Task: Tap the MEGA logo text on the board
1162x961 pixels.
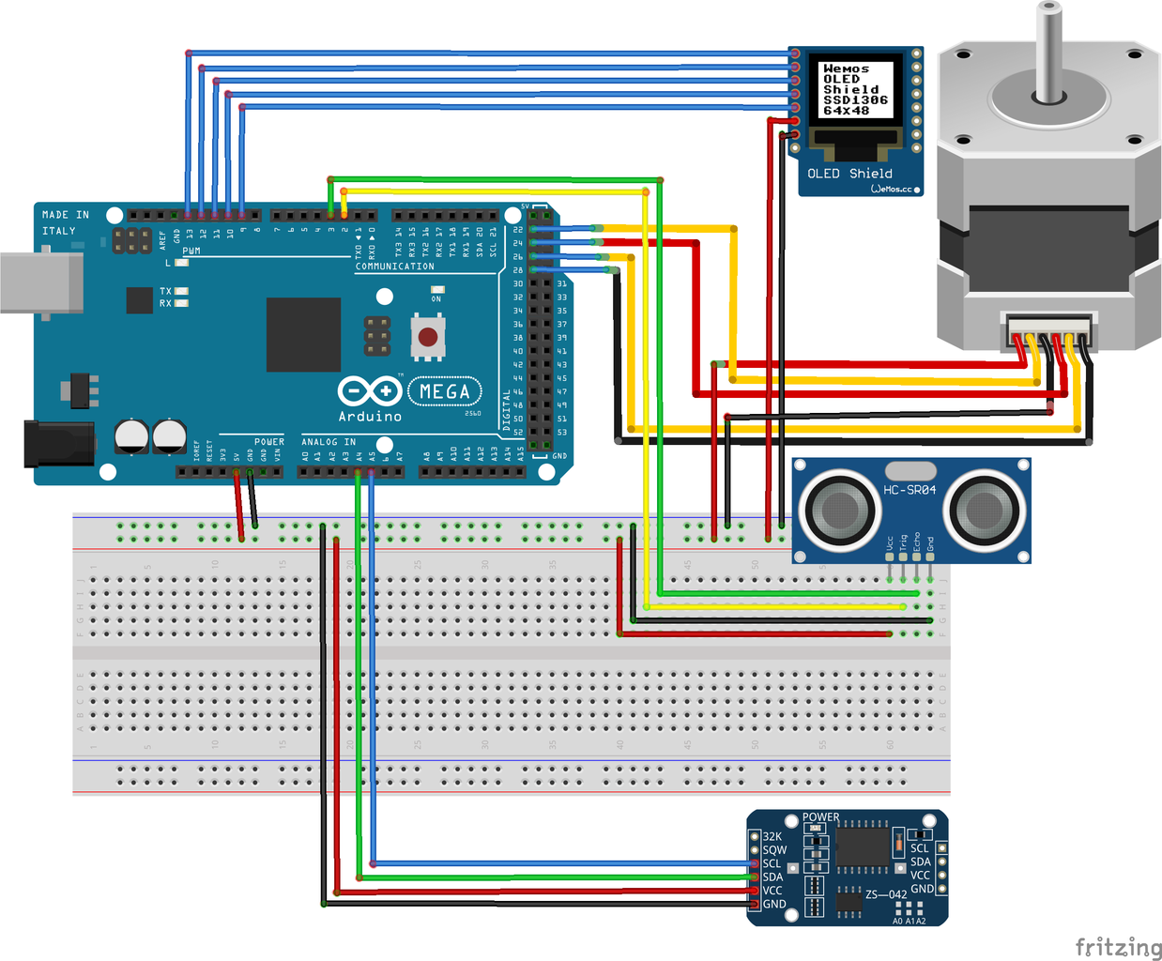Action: coord(445,391)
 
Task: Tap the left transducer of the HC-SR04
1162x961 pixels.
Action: coord(839,511)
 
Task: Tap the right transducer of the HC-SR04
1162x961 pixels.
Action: coord(984,511)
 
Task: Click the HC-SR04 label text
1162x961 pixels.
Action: coord(909,490)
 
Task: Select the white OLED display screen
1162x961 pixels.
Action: coord(856,89)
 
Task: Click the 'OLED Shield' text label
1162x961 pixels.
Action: coord(849,174)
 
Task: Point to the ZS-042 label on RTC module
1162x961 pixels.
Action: coord(886,894)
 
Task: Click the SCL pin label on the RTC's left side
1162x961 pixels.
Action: coord(772,863)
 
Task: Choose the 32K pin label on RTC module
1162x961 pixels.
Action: coord(772,836)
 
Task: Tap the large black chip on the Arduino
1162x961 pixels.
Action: coord(303,335)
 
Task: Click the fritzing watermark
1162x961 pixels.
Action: coord(1118,946)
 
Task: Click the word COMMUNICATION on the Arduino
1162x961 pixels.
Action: coord(394,267)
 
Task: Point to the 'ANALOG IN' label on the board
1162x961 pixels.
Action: coord(329,442)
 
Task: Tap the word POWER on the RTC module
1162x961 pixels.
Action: coord(820,817)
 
